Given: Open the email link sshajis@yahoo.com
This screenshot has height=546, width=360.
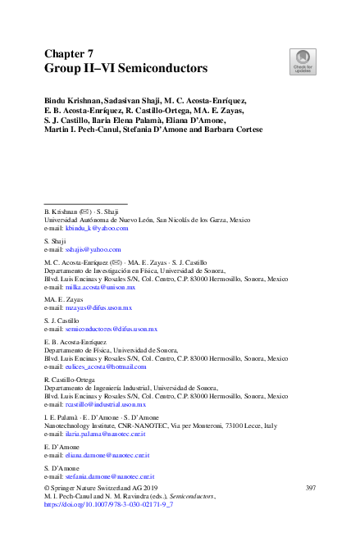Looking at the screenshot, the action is click(x=93, y=250).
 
